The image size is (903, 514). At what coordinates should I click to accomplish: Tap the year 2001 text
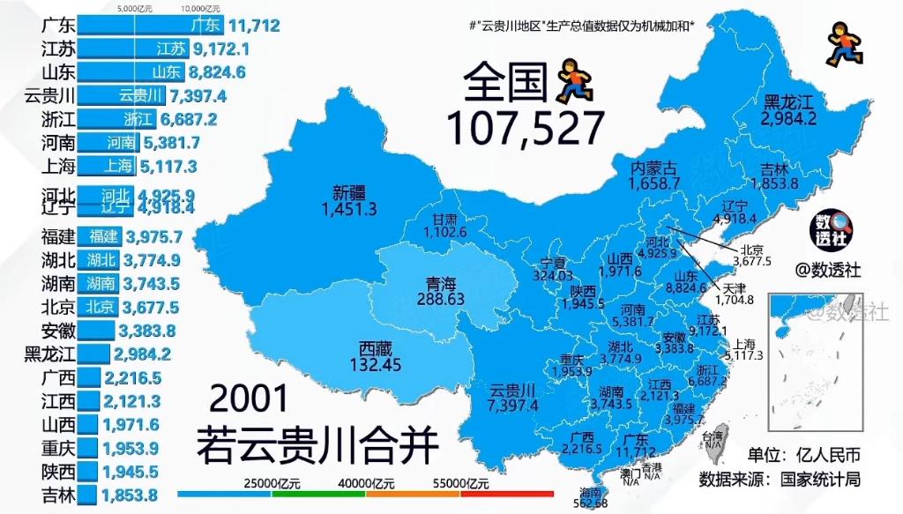(x=250, y=399)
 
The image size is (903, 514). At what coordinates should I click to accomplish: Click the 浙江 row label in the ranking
(x=57, y=119)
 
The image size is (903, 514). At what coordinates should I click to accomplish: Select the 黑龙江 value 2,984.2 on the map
(x=789, y=118)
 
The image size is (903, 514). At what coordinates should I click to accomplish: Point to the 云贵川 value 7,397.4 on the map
(x=512, y=406)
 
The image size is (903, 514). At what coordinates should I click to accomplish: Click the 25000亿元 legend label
(x=271, y=482)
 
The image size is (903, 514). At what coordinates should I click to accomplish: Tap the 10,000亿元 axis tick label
(x=200, y=8)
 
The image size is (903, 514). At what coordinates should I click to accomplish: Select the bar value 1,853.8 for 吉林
(x=129, y=495)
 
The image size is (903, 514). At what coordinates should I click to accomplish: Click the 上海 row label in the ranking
(x=57, y=165)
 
